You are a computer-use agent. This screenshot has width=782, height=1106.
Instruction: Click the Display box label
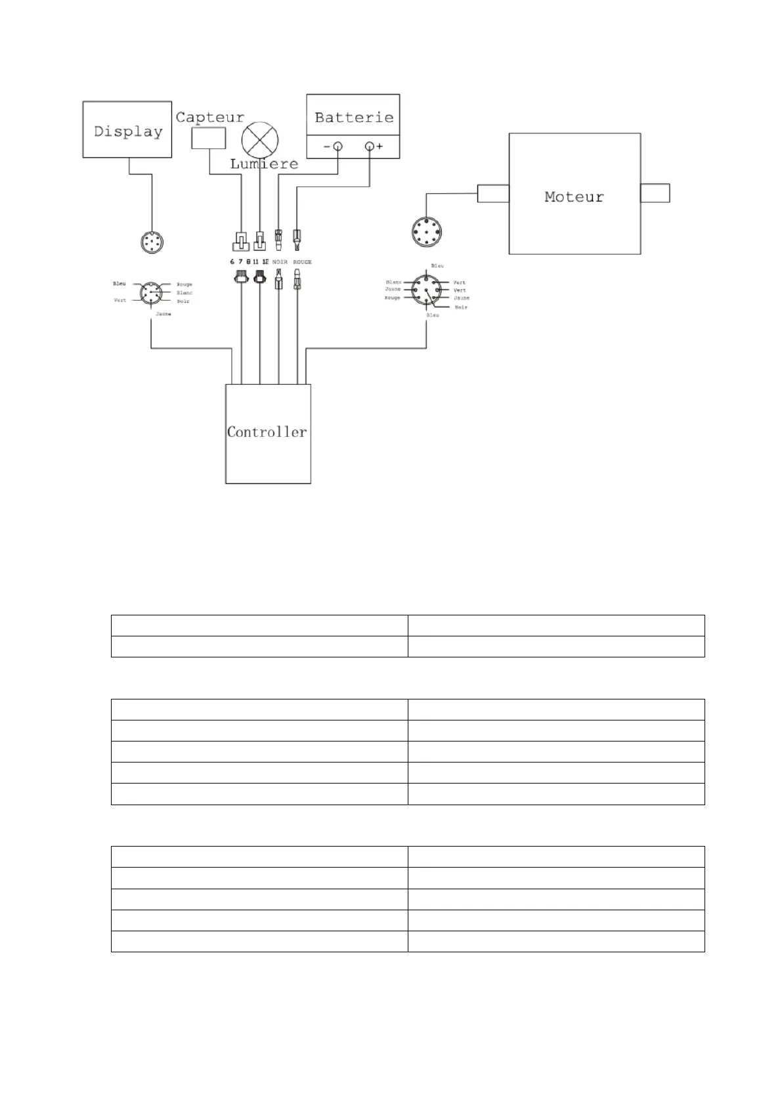coord(128,131)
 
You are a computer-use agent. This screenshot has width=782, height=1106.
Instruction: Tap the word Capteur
coord(209,118)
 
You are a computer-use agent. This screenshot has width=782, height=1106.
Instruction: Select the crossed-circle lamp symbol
coord(260,139)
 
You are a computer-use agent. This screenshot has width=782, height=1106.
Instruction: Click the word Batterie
coord(354,118)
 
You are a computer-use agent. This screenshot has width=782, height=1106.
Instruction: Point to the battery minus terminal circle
coord(337,146)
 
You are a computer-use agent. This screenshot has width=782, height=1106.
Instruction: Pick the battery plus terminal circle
coord(370,146)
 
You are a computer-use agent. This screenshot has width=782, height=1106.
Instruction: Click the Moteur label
coord(574,196)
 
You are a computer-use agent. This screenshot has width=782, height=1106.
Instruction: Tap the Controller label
coord(267,431)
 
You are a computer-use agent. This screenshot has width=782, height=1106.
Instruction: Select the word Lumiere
coord(264,164)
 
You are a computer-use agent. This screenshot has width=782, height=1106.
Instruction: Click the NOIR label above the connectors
coord(280,262)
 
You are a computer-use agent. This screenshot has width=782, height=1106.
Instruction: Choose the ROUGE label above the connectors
coord(302,262)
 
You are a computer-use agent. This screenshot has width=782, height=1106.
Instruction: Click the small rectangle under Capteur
coord(209,138)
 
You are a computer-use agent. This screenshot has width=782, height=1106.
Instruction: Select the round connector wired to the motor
coord(426,232)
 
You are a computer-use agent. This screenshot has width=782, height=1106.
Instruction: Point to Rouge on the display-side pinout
coord(185,284)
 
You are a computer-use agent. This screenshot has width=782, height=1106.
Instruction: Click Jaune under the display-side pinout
coord(163,314)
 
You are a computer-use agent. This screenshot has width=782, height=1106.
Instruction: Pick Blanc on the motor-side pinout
coord(394,282)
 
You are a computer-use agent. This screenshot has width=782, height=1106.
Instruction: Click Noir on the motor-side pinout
coord(461,307)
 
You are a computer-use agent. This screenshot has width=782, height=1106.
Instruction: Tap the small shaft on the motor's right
coord(655,193)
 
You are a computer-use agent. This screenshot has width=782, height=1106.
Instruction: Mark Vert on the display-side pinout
coord(119,300)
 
